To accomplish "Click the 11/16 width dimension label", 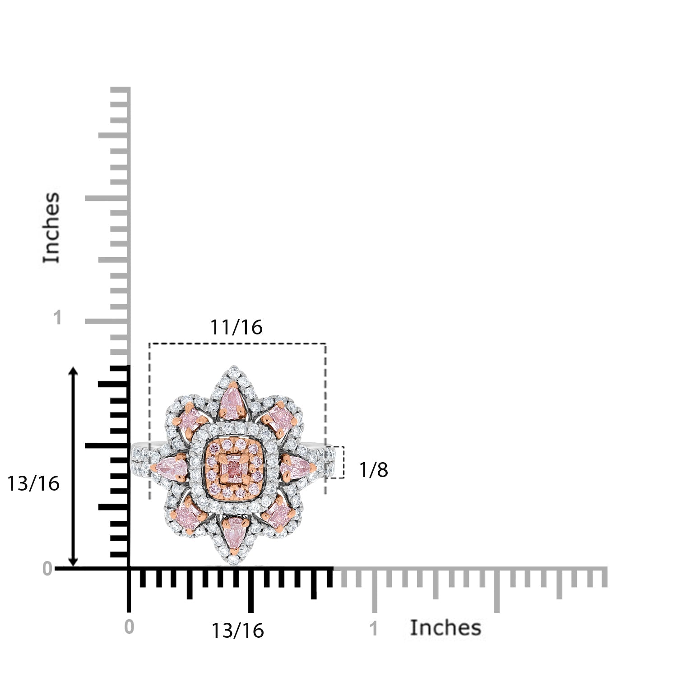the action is pos(236,327).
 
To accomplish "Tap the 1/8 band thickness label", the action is pos(373,470).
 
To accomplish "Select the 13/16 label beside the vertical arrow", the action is pos(33,483).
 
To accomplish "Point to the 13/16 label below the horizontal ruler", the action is pos(237,631).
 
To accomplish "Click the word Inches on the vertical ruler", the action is pos(51,227).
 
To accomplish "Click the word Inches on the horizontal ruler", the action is pos(445,628).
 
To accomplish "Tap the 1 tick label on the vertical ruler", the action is pos(57,318).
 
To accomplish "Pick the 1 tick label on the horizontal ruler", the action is pos(374,629).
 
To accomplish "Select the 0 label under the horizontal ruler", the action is pos(129,627).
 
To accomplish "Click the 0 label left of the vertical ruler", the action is pos(47,569).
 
